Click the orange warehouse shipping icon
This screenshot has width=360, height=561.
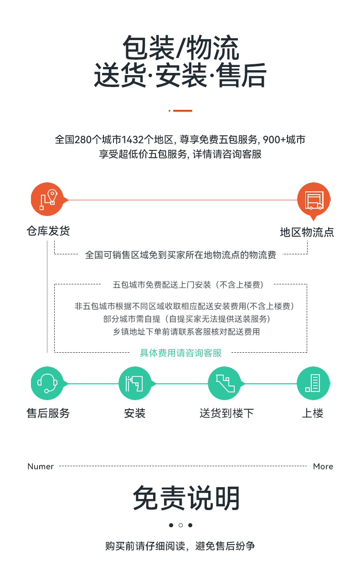(47, 199)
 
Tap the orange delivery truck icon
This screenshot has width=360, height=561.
(314, 200)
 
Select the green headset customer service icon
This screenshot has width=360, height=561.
(47, 383)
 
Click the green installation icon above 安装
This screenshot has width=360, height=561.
(135, 383)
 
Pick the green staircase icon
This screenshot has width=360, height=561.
(225, 383)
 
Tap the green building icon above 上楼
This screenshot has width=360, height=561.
(314, 383)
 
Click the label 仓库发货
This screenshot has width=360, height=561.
(48, 231)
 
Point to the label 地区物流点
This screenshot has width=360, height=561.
(307, 232)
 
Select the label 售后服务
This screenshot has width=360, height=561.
(48, 413)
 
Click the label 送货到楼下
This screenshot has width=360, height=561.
(226, 413)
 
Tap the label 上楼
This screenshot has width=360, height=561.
(313, 413)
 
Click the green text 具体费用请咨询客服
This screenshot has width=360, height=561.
(180, 353)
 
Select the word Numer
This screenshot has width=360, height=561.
(41, 466)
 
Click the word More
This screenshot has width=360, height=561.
(323, 466)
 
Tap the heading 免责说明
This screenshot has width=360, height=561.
(186, 498)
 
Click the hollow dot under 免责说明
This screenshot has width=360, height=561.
(180, 525)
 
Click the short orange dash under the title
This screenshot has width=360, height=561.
(183, 111)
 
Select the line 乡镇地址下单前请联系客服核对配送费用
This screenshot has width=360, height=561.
(186, 332)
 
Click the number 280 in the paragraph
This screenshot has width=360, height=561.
(83, 139)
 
